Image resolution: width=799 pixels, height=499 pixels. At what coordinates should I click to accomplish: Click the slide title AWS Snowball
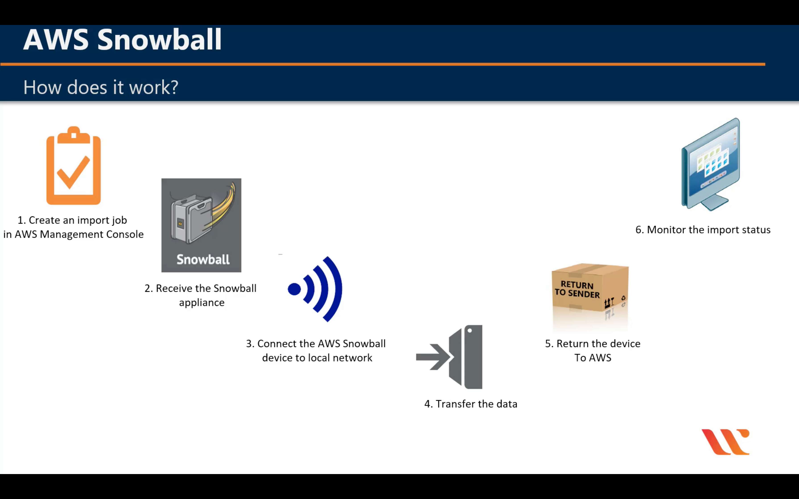(122, 40)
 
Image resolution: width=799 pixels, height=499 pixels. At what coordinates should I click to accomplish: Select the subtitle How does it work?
(101, 88)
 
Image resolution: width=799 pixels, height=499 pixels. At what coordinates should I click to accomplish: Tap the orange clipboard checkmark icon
(73, 166)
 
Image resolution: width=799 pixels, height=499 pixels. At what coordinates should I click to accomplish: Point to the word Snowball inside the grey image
(203, 259)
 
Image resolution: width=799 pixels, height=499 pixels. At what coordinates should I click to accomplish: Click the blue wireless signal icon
(315, 289)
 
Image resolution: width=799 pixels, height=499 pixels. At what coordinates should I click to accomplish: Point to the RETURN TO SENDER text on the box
(577, 289)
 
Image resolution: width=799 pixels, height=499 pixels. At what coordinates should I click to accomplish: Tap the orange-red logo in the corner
(725, 442)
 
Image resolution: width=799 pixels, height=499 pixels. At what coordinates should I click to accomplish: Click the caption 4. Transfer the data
(470, 404)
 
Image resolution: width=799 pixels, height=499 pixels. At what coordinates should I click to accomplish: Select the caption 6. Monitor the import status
(703, 230)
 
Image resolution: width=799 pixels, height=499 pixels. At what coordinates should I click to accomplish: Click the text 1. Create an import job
(72, 220)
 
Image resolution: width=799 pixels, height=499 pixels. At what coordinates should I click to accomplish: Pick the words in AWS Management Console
(73, 234)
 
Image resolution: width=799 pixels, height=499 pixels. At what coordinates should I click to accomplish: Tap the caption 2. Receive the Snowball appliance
(201, 295)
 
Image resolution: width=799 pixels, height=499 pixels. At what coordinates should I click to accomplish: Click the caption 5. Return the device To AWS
(593, 350)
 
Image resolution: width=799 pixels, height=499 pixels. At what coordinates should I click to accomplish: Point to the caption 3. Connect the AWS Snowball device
(316, 350)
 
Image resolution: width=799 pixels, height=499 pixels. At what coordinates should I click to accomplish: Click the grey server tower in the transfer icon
(473, 357)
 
